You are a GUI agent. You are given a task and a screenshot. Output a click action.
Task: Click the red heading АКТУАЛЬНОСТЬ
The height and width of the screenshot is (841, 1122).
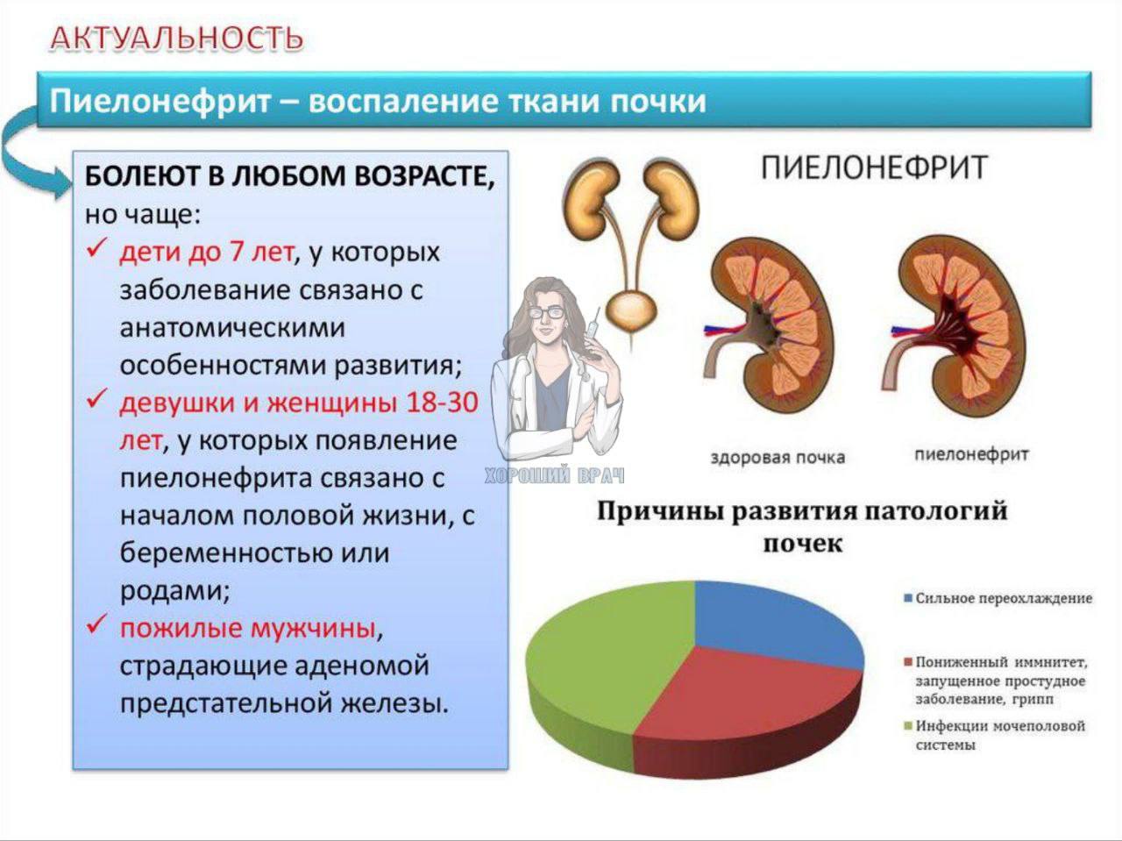177,39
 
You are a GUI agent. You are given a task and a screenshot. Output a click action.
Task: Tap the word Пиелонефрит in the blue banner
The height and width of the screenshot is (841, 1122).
160,102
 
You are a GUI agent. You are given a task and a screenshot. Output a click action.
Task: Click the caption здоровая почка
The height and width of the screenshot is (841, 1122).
778,458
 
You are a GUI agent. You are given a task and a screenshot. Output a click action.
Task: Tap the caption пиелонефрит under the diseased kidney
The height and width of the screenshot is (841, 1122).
971,454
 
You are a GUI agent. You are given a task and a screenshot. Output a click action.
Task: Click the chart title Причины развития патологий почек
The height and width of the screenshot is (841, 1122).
803,526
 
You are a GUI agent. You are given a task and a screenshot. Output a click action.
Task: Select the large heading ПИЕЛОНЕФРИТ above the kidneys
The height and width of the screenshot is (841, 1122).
875,167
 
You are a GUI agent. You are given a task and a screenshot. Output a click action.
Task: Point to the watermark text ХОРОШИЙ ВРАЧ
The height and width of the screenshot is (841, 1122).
555,475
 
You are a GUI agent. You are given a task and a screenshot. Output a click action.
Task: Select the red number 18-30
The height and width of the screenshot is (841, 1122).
442,403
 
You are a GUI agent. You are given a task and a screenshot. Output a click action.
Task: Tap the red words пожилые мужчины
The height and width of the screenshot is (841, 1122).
248,628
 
